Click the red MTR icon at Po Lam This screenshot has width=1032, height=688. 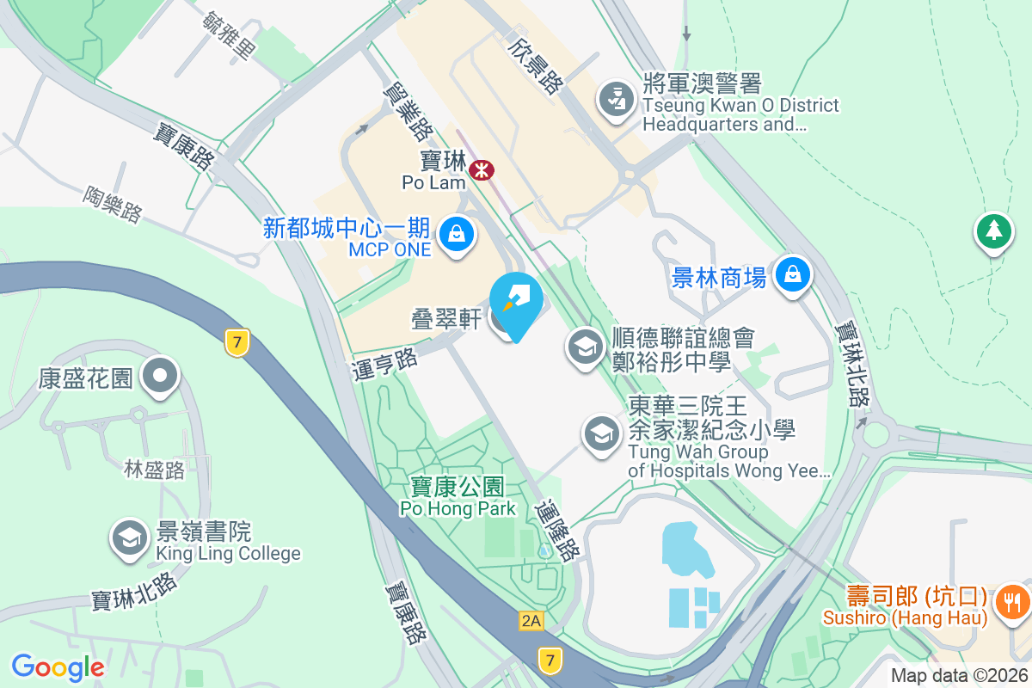[x=481, y=169]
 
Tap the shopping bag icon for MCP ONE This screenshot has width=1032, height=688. [x=457, y=232]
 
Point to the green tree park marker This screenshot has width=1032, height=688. [x=993, y=230]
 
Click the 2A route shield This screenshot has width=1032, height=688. [x=531, y=619]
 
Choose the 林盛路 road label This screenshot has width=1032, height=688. [x=154, y=470]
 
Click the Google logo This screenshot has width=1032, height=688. [x=58, y=666]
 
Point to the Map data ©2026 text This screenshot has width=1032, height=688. [x=959, y=675]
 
